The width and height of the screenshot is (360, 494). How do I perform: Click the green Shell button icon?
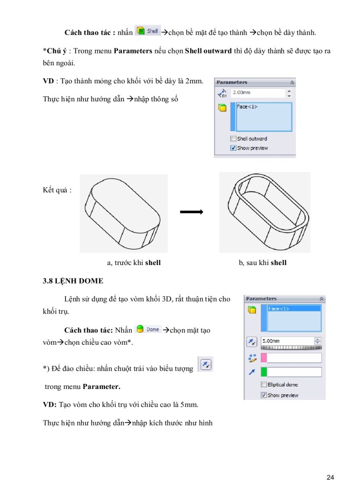(147, 31)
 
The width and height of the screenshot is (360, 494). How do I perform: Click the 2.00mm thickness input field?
(257, 93)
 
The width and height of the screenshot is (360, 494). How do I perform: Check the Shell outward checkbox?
(233, 138)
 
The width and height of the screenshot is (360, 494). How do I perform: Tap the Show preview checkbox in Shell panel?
(233, 148)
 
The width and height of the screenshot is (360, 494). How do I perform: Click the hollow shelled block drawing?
(265, 212)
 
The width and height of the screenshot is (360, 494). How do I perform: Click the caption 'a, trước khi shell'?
(134, 263)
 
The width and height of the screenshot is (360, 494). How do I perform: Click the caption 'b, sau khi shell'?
(262, 263)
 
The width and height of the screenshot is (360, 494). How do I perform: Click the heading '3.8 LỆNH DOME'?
(73, 281)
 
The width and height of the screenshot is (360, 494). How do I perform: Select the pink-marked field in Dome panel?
(291, 358)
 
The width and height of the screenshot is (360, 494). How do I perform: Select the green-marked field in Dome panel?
(291, 372)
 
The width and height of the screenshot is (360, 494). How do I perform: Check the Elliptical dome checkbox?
(264, 385)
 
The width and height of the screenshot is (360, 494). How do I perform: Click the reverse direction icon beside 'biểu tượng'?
(205, 364)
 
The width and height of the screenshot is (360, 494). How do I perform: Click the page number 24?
(330, 478)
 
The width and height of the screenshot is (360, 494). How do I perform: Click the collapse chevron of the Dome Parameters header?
(321, 299)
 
